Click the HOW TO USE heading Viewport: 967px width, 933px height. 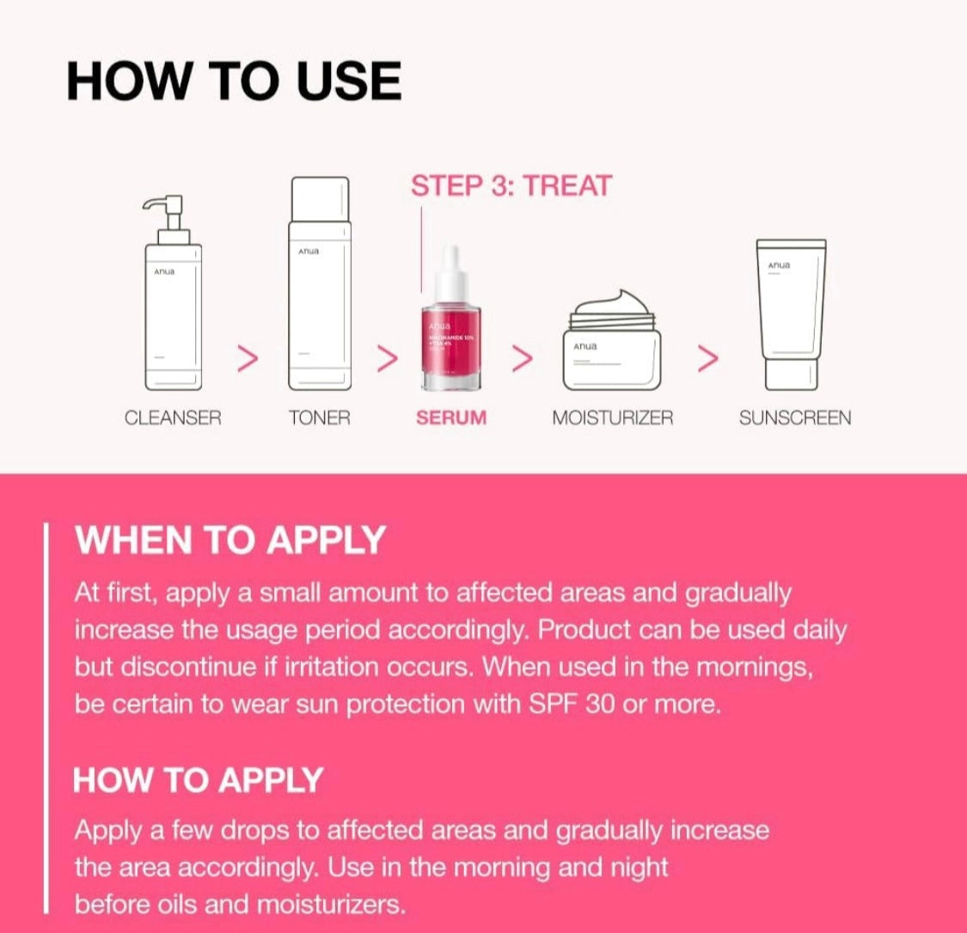234,83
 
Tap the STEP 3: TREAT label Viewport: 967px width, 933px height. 511,186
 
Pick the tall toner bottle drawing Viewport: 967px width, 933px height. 320,284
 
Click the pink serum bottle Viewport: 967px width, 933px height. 450,344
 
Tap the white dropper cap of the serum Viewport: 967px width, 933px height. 450,273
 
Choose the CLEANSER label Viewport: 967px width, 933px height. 173,419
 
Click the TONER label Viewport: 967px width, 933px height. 320,419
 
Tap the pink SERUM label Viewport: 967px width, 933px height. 451,419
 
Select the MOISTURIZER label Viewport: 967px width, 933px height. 612,419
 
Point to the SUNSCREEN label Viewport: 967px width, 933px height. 795,419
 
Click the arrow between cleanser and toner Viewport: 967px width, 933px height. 248,359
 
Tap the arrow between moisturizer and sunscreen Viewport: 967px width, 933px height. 707,359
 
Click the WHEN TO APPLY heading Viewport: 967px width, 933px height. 230,541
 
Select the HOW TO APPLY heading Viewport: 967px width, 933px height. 199,780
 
